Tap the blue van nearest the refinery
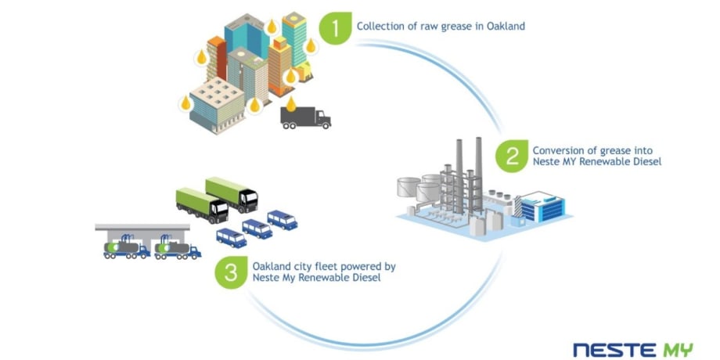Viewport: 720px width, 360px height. click(x=282, y=219)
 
